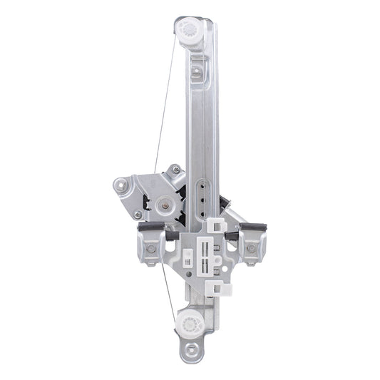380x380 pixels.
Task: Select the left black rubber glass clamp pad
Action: coord(151,228)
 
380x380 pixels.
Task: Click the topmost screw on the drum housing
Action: coord(173,170)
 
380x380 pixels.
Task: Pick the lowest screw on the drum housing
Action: coord(138,214)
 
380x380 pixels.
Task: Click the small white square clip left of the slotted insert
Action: coord(188,256)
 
